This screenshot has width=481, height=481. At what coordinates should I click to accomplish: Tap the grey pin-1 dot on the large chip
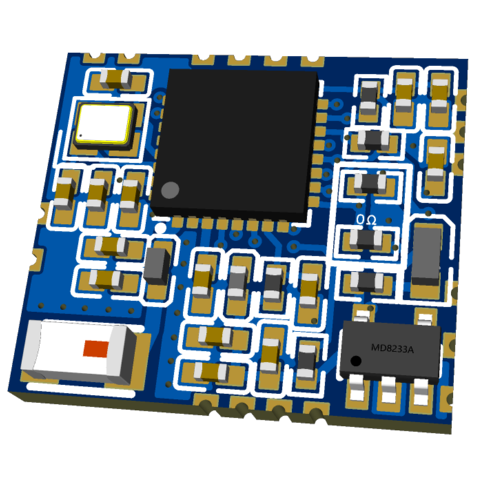point(170,189)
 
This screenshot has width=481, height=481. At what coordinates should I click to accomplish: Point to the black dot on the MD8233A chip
point(356,361)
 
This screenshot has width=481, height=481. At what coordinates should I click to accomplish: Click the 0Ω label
point(369,219)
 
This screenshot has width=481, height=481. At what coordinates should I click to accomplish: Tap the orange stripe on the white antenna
point(96,348)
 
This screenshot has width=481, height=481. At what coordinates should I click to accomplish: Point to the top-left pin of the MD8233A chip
point(360,316)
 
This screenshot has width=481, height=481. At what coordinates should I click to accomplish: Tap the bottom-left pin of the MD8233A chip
point(358,390)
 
